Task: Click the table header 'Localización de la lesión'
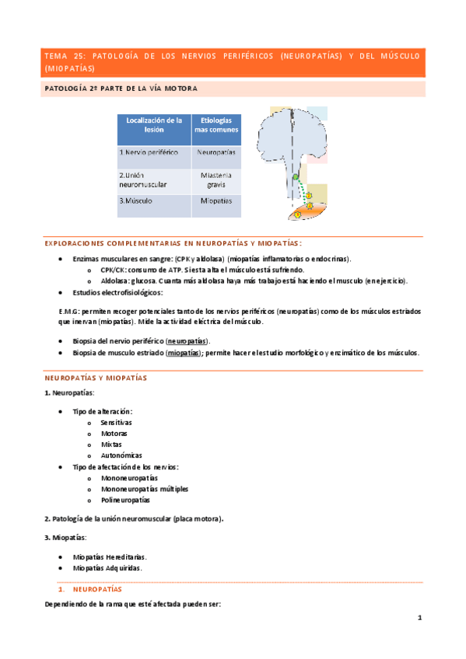(153, 130)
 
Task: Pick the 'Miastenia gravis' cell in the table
(215, 180)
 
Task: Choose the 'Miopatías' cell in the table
(215, 200)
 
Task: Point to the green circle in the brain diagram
(296, 179)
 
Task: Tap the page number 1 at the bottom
(419, 618)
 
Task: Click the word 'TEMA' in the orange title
(56, 56)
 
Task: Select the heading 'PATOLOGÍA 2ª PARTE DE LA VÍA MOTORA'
(120, 89)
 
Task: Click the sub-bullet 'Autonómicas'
(121, 455)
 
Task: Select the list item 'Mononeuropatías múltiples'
(144, 489)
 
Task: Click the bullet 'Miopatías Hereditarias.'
(109, 556)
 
